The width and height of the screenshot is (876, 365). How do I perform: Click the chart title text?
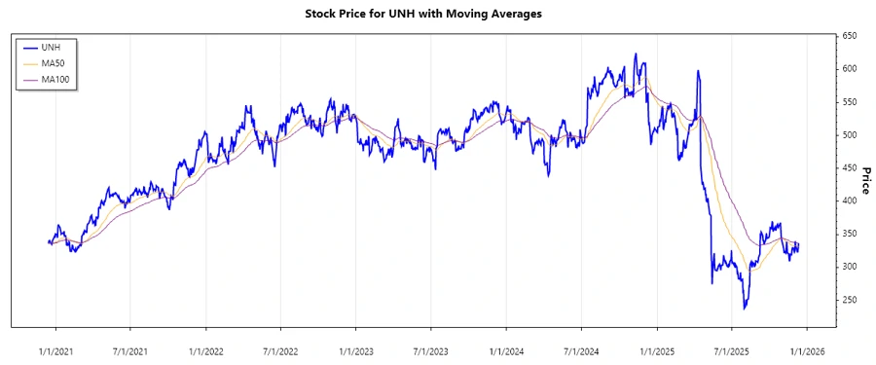[438, 14]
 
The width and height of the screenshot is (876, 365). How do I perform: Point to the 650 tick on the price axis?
[850, 36]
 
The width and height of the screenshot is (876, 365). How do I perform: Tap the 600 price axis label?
[850, 69]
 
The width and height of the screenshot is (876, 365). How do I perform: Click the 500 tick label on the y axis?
[850, 134]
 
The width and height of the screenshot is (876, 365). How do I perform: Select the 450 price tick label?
[850, 167]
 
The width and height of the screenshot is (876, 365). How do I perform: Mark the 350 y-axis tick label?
[850, 234]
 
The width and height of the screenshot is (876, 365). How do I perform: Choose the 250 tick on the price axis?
[850, 300]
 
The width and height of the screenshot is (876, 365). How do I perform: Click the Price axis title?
[865, 181]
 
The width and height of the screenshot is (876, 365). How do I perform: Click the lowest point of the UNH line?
[745, 309]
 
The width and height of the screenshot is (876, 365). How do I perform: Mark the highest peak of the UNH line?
[636, 55]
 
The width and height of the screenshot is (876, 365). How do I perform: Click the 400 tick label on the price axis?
[850, 201]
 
